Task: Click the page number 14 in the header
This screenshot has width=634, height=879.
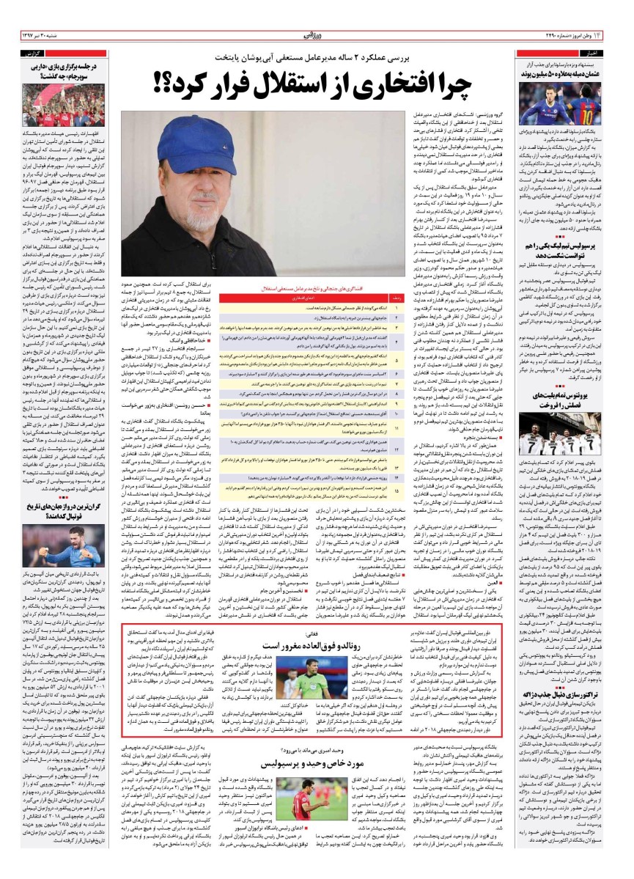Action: [618, 34]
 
